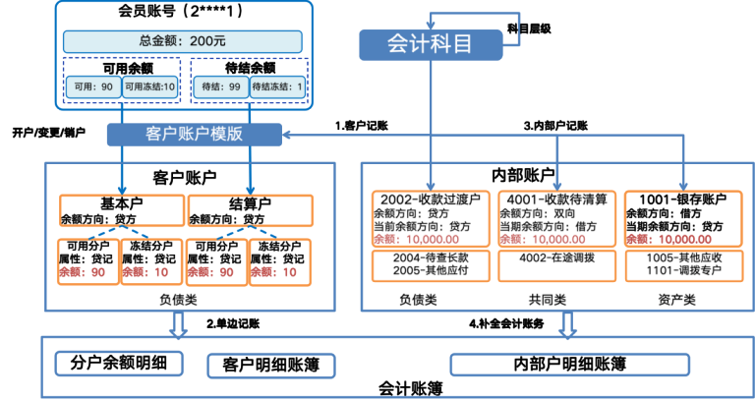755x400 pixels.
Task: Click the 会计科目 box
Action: coord(430,44)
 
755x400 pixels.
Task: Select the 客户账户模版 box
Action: coord(194,134)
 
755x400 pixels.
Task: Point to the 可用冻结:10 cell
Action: coord(148,87)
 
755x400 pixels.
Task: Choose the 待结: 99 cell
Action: coord(220,87)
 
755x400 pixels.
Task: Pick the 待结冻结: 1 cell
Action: coord(278,87)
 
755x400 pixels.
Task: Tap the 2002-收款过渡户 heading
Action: coord(429,199)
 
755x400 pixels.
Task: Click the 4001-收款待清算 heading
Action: coord(556,199)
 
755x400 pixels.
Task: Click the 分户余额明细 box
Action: coord(119,362)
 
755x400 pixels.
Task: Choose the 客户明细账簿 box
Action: coord(271,366)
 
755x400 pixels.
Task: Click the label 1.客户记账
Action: coord(362,125)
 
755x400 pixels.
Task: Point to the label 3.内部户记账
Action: coord(555,125)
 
